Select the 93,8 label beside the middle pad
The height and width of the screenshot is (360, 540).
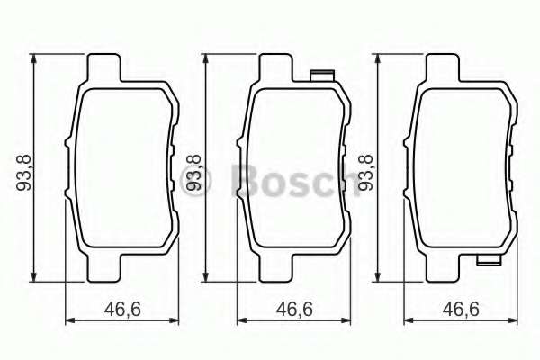(192, 171)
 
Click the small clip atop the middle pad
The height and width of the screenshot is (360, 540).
(320, 76)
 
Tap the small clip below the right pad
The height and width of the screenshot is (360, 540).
(490, 262)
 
